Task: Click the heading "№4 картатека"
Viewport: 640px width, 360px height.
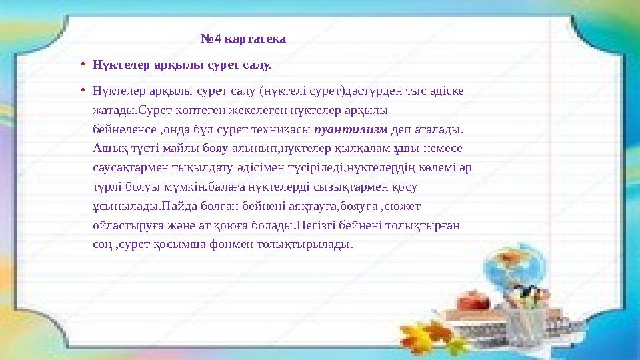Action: point(243,39)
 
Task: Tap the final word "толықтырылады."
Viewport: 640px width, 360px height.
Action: point(315,245)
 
